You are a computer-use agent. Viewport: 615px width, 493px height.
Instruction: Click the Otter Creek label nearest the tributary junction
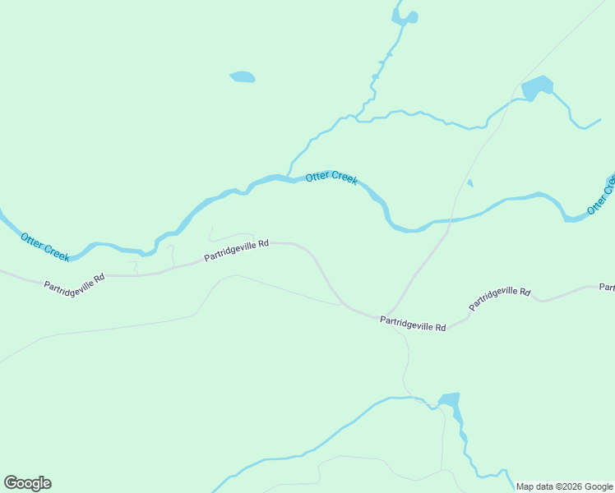[331, 178]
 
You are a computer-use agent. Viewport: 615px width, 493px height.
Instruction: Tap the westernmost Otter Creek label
[45, 246]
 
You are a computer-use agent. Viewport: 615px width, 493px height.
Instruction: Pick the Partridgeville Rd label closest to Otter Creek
[237, 251]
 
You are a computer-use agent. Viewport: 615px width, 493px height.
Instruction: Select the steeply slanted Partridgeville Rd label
[500, 299]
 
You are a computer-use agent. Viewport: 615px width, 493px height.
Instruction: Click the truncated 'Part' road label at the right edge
[607, 288]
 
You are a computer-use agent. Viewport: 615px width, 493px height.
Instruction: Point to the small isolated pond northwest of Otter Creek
[242, 77]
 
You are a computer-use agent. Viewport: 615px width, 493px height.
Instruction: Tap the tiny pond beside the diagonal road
[469, 183]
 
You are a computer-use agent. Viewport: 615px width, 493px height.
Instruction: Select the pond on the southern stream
[449, 401]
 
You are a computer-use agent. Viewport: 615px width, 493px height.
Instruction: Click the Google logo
[28, 482]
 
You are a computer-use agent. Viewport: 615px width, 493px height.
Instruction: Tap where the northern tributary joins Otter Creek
[287, 177]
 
